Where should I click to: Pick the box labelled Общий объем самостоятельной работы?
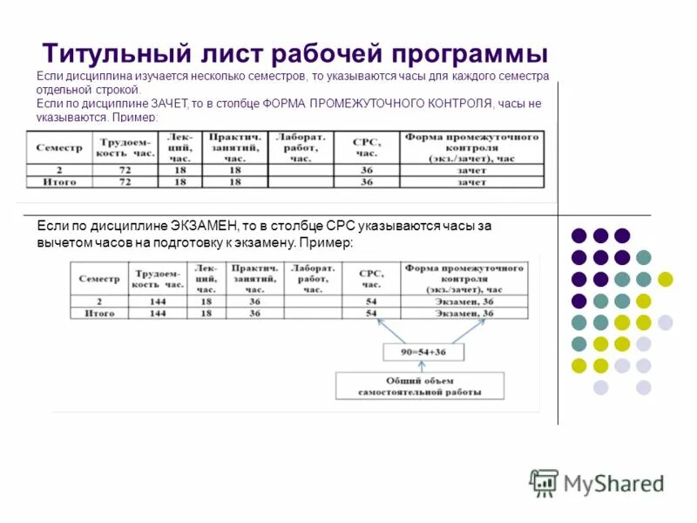pyautogui.click(x=420, y=386)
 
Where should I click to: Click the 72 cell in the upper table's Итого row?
pyautogui.click(x=125, y=182)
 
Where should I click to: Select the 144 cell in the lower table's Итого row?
pyautogui.click(x=158, y=313)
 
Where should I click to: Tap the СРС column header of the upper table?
pyautogui.click(x=366, y=146)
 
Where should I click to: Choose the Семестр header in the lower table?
pyautogui.click(x=99, y=278)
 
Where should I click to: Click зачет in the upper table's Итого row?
pyautogui.click(x=471, y=182)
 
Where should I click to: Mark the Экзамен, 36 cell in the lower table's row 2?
pyautogui.click(x=463, y=301)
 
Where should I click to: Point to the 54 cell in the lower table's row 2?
pyautogui.click(x=372, y=301)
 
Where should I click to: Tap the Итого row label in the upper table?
pyautogui.click(x=59, y=182)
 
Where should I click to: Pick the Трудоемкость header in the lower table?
pyautogui.click(x=158, y=278)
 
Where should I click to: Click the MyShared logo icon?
pyautogui.click(x=545, y=482)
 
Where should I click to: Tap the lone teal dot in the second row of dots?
pyautogui.click(x=644, y=257)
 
